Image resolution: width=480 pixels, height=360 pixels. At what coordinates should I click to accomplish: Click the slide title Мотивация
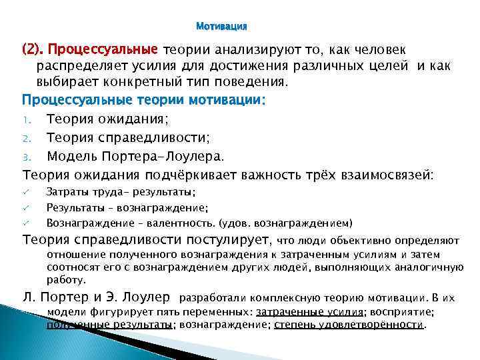(222, 27)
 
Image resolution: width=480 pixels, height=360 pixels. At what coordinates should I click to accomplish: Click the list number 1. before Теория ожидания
(27, 120)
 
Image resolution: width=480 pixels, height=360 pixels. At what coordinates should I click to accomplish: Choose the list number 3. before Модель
(27, 157)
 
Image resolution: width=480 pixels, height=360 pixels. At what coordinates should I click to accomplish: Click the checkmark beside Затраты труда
(27, 192)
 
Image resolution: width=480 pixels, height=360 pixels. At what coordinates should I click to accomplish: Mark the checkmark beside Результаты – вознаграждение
(27, 207)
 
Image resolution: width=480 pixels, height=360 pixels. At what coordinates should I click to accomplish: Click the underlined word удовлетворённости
(381, 325)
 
